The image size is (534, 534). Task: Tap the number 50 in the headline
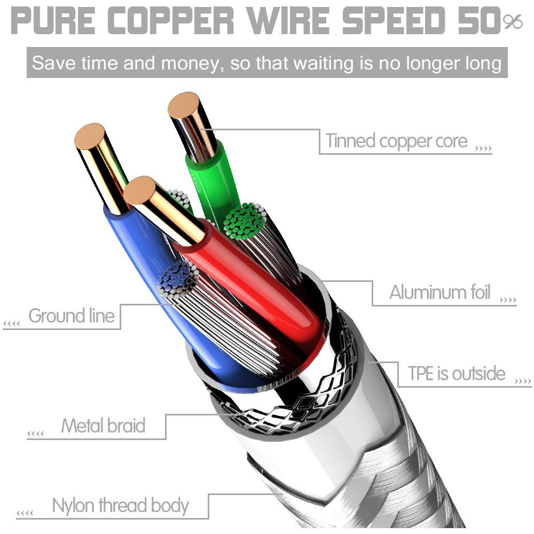[479, 20]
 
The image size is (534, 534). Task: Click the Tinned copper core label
[397, 140]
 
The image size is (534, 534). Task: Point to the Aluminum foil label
[440, 292]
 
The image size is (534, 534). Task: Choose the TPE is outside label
[457, 373]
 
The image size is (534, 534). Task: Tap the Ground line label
[72, 316]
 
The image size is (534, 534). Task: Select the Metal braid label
[103, 426]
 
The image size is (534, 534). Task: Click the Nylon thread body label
[120, 506]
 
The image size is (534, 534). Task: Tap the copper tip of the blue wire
[90, 137]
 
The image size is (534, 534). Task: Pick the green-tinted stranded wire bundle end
[245, 221]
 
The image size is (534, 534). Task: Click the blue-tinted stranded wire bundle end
[178, 280]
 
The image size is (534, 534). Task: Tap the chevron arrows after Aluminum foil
[508, 300]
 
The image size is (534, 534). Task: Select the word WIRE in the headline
[288, 20]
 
